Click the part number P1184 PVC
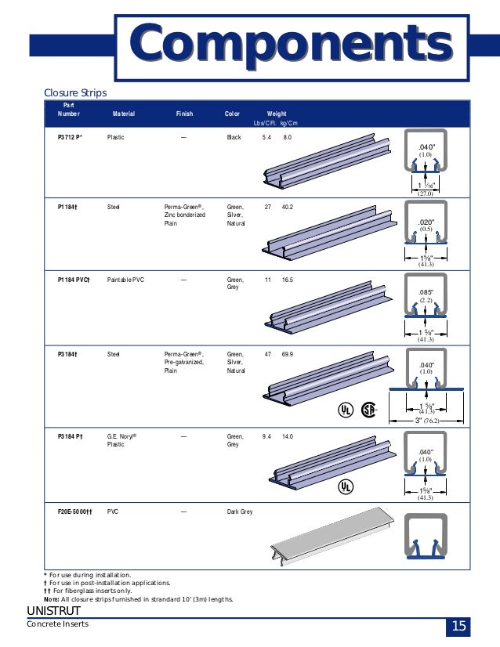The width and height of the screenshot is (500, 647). pos(74,280)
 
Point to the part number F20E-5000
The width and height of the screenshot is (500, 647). pos(75,511)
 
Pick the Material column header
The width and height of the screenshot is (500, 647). pos(123,114)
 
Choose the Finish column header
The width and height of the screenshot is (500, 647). pos(184,114)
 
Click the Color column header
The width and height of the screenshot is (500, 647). pos(232,114)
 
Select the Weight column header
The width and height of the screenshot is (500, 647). pos(277,114)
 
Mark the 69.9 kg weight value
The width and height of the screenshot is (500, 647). pos(288,355)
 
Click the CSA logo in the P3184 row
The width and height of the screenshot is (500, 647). pos(368,410)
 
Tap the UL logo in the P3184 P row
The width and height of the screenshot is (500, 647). pos(344,486)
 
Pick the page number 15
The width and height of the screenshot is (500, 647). pos(458,627)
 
